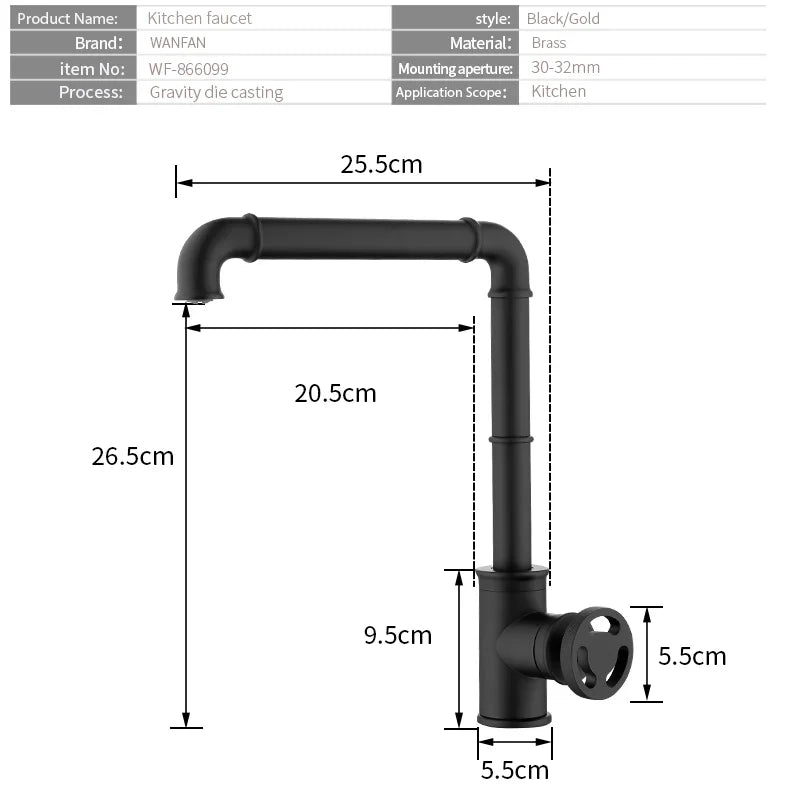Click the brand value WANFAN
[x=177, y=43]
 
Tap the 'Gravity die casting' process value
[x=216, y=92]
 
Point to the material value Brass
[x=549, y=43]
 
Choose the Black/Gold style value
[x=563, y=18]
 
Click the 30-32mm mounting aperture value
[x=565, y=68]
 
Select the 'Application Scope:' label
[x=454, y=92]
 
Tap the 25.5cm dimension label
[x=381, y=164]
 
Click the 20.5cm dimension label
[x=335, y=393]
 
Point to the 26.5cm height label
[x=132, y=456]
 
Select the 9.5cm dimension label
[x=398, y=635]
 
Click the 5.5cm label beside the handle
[x=692, y=656]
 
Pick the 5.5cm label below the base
[x=515, y=770]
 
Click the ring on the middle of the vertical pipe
[x=511, y=439]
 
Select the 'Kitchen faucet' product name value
[x=200, y=18]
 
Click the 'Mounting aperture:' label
[x=455, y=68]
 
